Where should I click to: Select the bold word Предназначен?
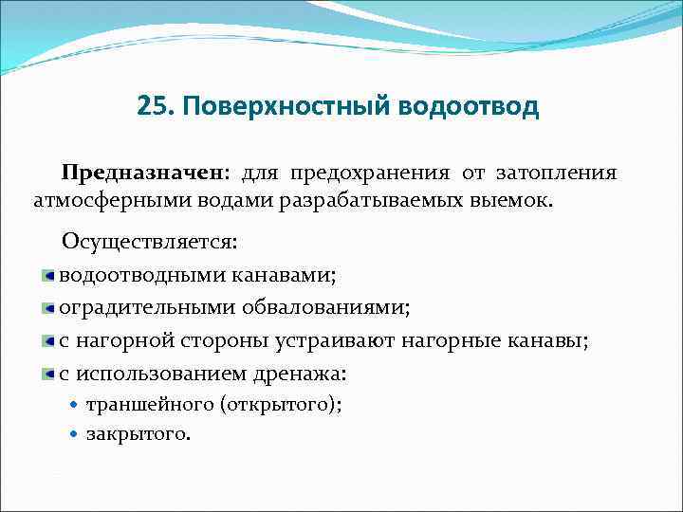coord(143,174)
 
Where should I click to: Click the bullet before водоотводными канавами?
coord(47,275)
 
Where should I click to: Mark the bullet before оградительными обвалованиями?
coord(47,308)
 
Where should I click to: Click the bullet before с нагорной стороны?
coord(47,341)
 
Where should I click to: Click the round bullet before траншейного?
coord(75,404)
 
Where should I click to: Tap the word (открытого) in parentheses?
coord(281,404)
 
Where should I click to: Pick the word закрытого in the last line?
coord(138,434)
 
